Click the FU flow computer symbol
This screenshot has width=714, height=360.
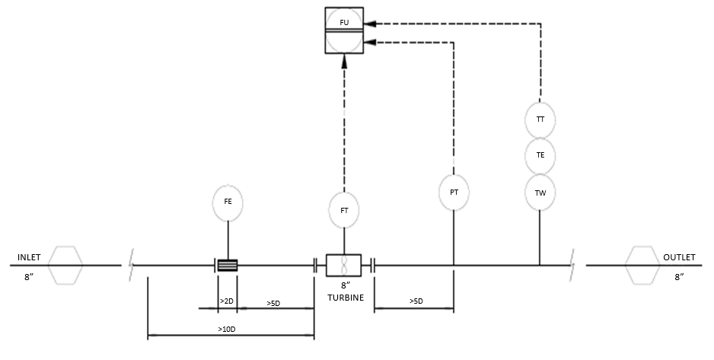coord(344,30)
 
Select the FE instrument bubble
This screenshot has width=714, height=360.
coord(228,203)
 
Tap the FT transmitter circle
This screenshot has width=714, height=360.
coord(344,210)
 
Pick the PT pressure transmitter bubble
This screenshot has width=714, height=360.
coord(454,193)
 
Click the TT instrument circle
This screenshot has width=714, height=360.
coord(540,120)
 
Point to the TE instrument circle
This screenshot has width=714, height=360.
coord(540,156)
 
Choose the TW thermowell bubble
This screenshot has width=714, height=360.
coord(540,193)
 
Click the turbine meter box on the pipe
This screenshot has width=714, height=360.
coord(344,266)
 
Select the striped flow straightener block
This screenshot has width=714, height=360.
coord(228,266)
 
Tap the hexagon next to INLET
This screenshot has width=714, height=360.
coord(65,266)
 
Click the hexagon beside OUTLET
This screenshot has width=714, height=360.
coord(642,266)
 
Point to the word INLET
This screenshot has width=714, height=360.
coord(29,257)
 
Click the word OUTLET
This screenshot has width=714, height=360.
coord(679,257)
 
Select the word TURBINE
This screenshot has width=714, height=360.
coord(346,298)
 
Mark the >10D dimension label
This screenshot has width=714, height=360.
coord(226,329)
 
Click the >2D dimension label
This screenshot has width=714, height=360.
coord(227,301)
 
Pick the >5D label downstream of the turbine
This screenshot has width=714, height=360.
coord(416,301)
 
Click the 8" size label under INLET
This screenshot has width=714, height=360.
coord(29,277)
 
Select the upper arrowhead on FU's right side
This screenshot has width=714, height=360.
coord(371,23)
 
